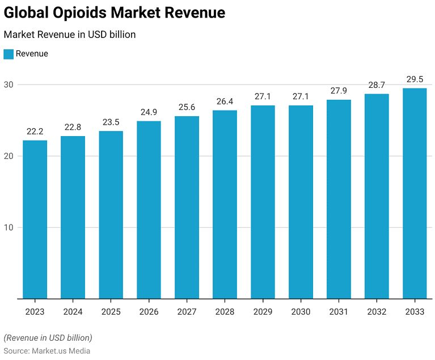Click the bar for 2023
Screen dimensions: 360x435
point(35,219)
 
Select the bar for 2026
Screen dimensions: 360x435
point(149,209)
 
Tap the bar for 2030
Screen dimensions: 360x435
point(301,202)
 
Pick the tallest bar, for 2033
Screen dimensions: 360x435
point(415,193)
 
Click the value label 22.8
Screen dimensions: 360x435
point(73,127)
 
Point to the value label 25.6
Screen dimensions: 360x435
point(187,107)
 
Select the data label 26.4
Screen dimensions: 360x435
point(225,101)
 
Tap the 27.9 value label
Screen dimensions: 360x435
point(339,91)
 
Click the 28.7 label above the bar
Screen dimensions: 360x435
point(377,84)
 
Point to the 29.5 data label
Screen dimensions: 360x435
point(415,79)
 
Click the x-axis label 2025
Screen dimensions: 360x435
point(111,312)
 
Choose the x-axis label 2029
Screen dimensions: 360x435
point(263,312)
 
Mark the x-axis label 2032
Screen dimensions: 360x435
point(377,312)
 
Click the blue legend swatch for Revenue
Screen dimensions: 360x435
point(8,54)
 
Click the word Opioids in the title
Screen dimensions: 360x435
point(90,13)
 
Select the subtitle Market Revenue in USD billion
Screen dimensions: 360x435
point(69,35)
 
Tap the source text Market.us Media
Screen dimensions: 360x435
point(61,350)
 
